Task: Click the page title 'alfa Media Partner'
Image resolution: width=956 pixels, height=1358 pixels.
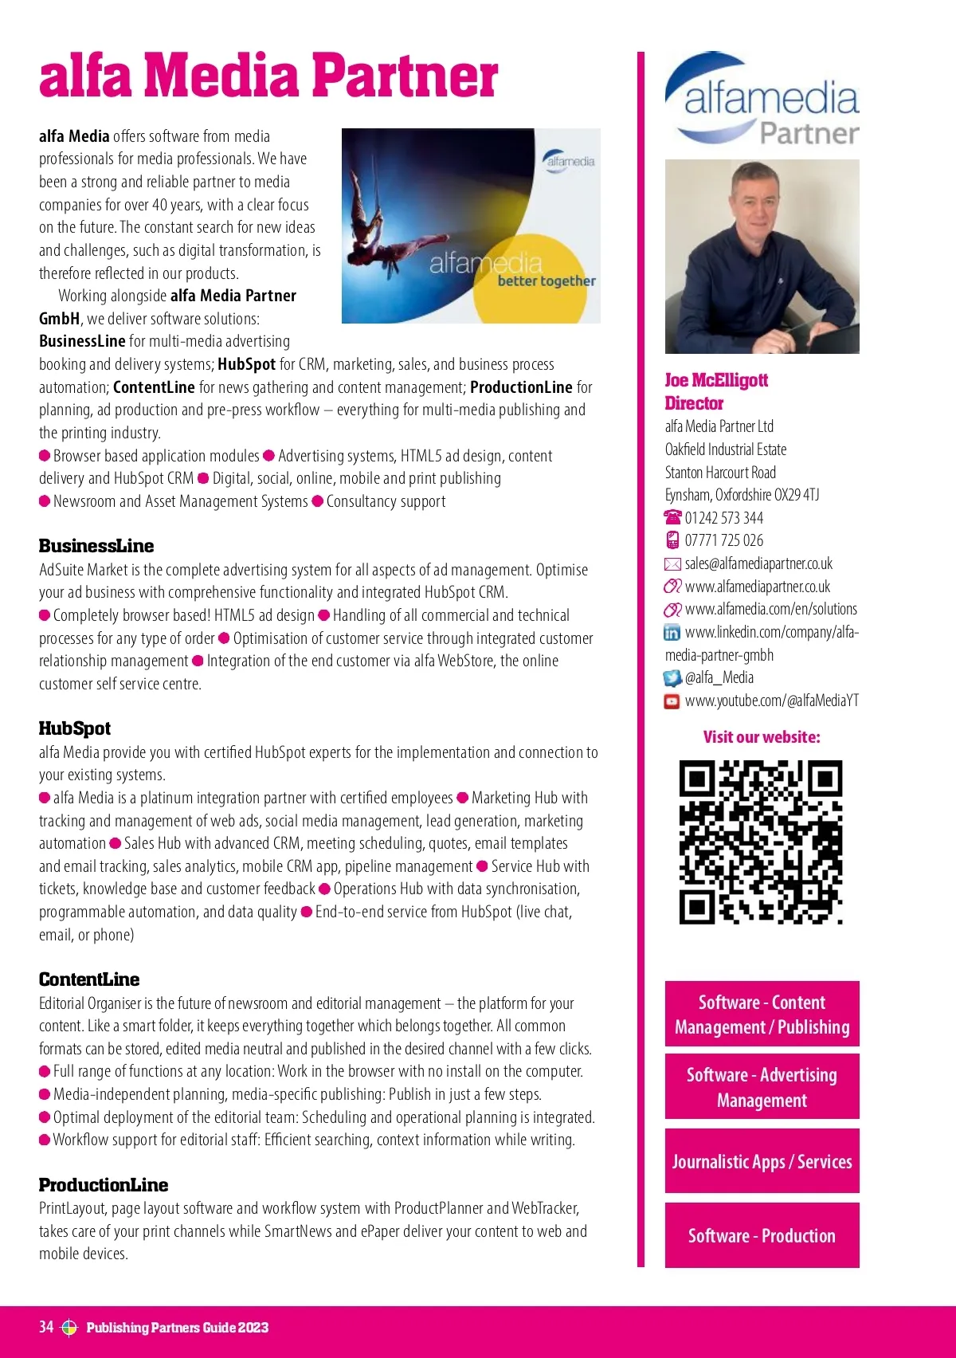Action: click(268, 76)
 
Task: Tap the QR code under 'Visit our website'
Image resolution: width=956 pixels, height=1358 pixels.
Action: click(761, 842)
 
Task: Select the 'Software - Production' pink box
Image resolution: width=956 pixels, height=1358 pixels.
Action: click(762, 1235)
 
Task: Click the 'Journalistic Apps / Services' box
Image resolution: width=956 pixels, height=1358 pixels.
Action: click(762, 1161)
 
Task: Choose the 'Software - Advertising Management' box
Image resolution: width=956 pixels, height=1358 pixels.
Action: click(762, 1087)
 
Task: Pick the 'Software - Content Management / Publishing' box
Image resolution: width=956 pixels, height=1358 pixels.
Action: click(762, 1014)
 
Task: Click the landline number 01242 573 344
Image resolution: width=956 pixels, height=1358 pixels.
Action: click(724, 518)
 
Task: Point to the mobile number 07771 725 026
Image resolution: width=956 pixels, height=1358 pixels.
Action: click(724, 540)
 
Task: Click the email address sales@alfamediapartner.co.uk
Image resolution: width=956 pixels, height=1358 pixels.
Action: click(758, 563)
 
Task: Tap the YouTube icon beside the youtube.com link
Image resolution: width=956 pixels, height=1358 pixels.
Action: click(672, 701)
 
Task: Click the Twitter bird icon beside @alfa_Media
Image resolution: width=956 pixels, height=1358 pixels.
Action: click(672, 678)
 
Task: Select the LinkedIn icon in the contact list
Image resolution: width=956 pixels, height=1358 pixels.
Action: click(672, 633)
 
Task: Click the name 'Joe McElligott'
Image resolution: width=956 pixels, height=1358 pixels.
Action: click(716, 380)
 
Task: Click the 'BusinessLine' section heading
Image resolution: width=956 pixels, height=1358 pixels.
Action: click(96, 546)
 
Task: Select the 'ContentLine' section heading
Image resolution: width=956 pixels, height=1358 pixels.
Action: click(89, 979)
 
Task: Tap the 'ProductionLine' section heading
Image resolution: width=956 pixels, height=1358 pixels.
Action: click(104, 1185)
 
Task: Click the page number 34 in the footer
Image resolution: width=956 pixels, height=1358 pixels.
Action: click(46, 1327)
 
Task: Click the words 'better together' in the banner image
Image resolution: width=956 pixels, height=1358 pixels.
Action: click(547, 281)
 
